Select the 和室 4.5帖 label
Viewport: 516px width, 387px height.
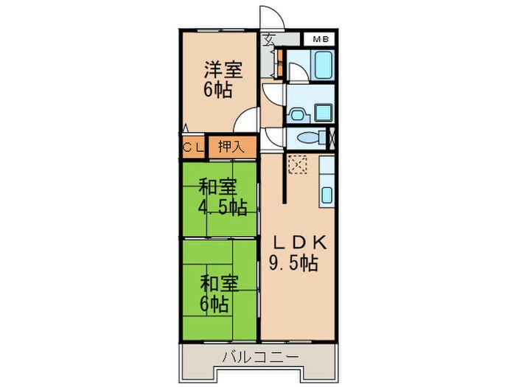[x=220, y=197]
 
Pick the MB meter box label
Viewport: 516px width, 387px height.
[x=321, y=39]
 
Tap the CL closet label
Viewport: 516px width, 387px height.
[x=193, y=147]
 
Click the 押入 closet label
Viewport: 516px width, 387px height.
[x=231, y=147]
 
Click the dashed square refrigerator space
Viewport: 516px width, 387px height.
[x=299, y=165]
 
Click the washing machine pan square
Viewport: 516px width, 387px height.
[x=324, y=114]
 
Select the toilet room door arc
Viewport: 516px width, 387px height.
[x=271, y=135]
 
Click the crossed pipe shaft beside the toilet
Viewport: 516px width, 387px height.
[x=332, y=138]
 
